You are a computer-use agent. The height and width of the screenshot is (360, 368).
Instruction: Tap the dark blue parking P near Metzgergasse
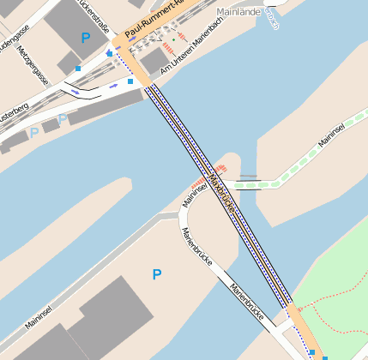click(x=84, y=38)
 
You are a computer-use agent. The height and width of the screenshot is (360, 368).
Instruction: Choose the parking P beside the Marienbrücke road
click(x=156, y=274)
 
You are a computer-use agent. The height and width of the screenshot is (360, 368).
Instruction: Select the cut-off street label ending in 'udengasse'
click(x=15, y=37)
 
